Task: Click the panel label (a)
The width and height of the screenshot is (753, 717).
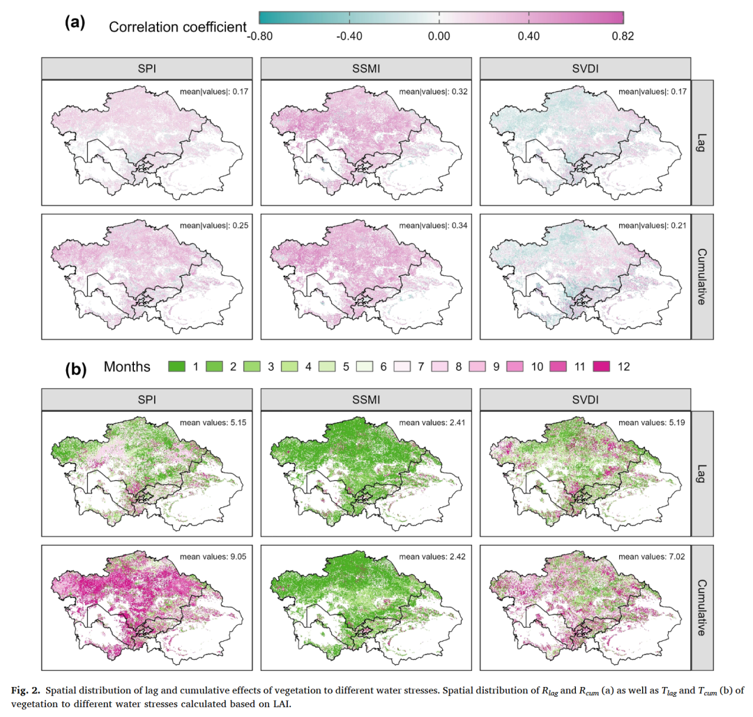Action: coord(75,22)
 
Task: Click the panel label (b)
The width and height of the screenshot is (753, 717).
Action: coord(75,367)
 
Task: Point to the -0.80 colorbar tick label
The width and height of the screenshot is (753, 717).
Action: coord(260,37)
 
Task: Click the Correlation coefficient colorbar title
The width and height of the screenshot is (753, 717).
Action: coord(178,27)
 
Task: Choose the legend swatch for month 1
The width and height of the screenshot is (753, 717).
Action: coord(178,367)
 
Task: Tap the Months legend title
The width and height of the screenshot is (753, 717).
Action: coord(127,367)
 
